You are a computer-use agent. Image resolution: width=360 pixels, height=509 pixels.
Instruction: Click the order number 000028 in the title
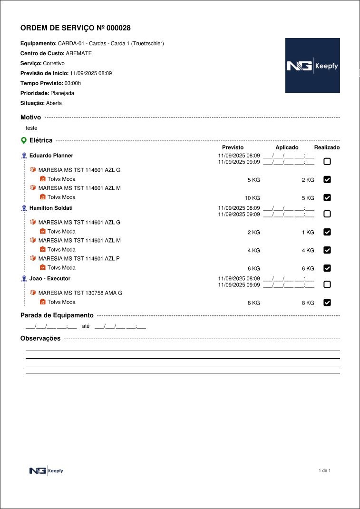click(118, 28)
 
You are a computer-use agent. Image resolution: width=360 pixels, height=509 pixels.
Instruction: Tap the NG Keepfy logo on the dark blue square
click(312, 66)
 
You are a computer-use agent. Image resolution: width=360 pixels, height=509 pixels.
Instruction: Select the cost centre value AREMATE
click(78, 53)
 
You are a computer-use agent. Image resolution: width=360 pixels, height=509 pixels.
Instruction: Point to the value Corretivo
click(54, 63)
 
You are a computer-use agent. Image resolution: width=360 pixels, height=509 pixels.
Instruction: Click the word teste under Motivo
click(31, 128)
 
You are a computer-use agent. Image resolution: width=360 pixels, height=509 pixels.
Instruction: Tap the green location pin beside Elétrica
click(23, 141)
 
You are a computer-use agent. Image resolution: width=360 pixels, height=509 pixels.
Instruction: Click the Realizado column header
click(327, 147)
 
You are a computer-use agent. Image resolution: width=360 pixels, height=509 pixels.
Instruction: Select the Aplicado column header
click(287, 147)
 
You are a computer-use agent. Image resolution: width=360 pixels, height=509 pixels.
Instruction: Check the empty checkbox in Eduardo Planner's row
click(327, 162)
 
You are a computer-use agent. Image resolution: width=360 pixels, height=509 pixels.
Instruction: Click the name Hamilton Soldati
click(51, 208)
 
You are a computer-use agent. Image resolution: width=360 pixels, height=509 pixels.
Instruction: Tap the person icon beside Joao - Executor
click(24, 278)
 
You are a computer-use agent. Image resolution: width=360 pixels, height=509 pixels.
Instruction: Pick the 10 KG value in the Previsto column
click(252, 198)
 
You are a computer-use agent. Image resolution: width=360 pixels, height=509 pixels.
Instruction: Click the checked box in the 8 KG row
click(327, 303)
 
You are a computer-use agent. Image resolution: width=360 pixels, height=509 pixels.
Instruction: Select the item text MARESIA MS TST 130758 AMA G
click(80, 293)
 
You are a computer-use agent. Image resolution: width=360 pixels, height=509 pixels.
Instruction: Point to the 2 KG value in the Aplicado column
click(308, 180)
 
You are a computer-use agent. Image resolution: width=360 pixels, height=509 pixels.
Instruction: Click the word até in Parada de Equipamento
click(86, 326)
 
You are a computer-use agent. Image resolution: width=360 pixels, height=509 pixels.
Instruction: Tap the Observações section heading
click(40, 339)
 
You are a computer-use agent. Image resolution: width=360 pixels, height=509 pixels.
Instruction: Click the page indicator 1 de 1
click(324, 470)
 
